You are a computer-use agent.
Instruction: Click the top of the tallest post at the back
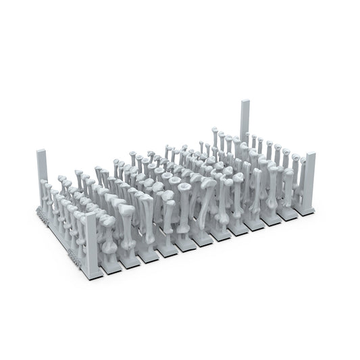(245, 102)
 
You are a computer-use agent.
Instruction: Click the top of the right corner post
(310, 155)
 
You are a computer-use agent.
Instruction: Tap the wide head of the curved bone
(208, 184)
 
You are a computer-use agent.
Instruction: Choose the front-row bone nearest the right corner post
(289, 189)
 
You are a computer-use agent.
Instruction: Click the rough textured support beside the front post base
(74, 257)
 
